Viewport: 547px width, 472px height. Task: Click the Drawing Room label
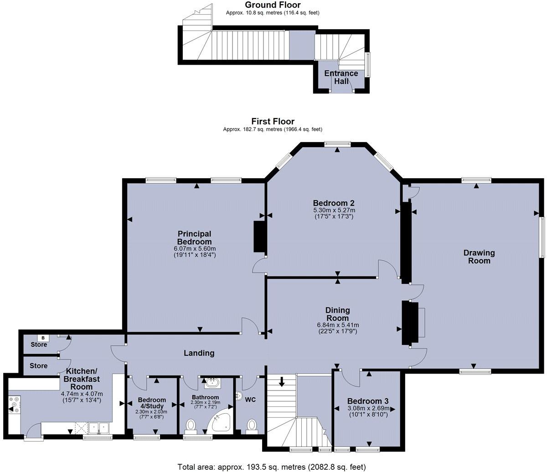pyautogui.click(x=479, y=257)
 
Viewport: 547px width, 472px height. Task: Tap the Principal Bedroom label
pyautogui.click(x=195, y=237)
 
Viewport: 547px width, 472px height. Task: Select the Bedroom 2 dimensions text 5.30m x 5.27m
pyautogui.click(x=334, y=210)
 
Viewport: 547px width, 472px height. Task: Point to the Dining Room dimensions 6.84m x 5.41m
pyautogui.click(x=337, y=325)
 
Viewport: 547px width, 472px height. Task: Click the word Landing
pyautogui.click(x=199, y=353)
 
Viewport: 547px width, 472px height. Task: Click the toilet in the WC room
pyautogui.click(x=251, y=426)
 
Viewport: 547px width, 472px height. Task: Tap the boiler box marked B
pyautogui.click(x=43, y=338)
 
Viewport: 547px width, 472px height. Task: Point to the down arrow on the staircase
pyautogui.click(x=282, y=381)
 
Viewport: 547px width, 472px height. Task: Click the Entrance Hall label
pyautogui.click(x=341, y=77)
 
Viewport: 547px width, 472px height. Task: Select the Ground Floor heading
pyautogui.click(x=273, y=5)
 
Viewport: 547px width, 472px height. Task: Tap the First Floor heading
pyautogui.click(x=273, y=121)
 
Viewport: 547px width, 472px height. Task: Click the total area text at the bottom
pyautogui.click(x=271, y=467)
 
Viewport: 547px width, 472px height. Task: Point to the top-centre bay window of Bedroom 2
pyautogui.click(x=337, y=144)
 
